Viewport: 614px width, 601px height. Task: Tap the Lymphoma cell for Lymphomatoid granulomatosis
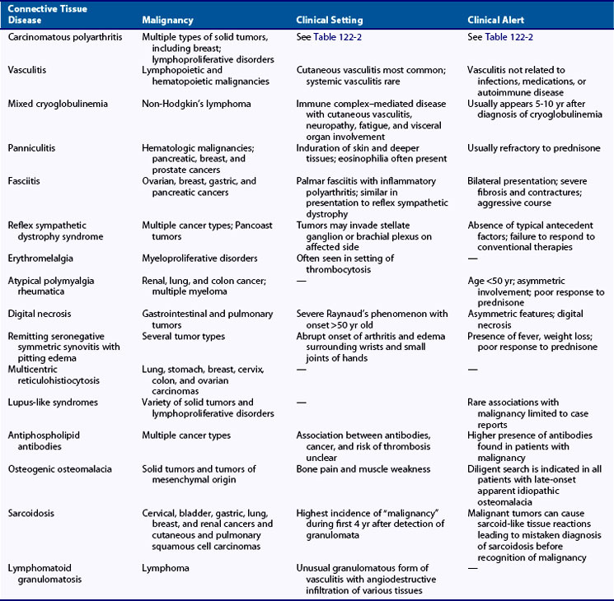(x=166, y=568)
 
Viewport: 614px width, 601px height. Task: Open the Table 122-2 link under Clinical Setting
(x=336, y=38)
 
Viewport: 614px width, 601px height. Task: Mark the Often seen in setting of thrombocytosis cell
(x=346, y=264)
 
